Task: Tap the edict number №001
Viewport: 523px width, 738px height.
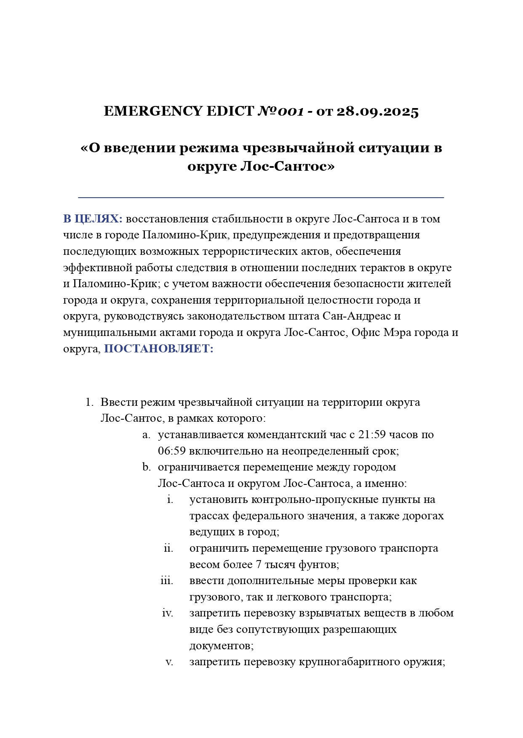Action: [280, 111]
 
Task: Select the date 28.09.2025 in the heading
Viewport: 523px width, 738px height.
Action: [377, 111]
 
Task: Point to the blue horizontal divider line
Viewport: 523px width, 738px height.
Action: [261, 197]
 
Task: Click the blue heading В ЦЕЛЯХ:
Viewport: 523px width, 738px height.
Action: [93, 219]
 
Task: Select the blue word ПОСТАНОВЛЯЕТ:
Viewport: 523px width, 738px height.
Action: [158, 349]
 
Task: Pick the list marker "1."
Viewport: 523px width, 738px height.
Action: [89, 402]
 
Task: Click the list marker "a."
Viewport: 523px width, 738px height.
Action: [146, 434]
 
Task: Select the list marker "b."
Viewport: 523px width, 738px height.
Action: [146, 467]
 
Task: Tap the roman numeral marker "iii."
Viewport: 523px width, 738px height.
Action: [167, 581]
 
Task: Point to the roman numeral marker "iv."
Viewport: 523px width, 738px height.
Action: [168, 613]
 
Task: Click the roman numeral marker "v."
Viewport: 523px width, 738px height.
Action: [169, 662]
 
